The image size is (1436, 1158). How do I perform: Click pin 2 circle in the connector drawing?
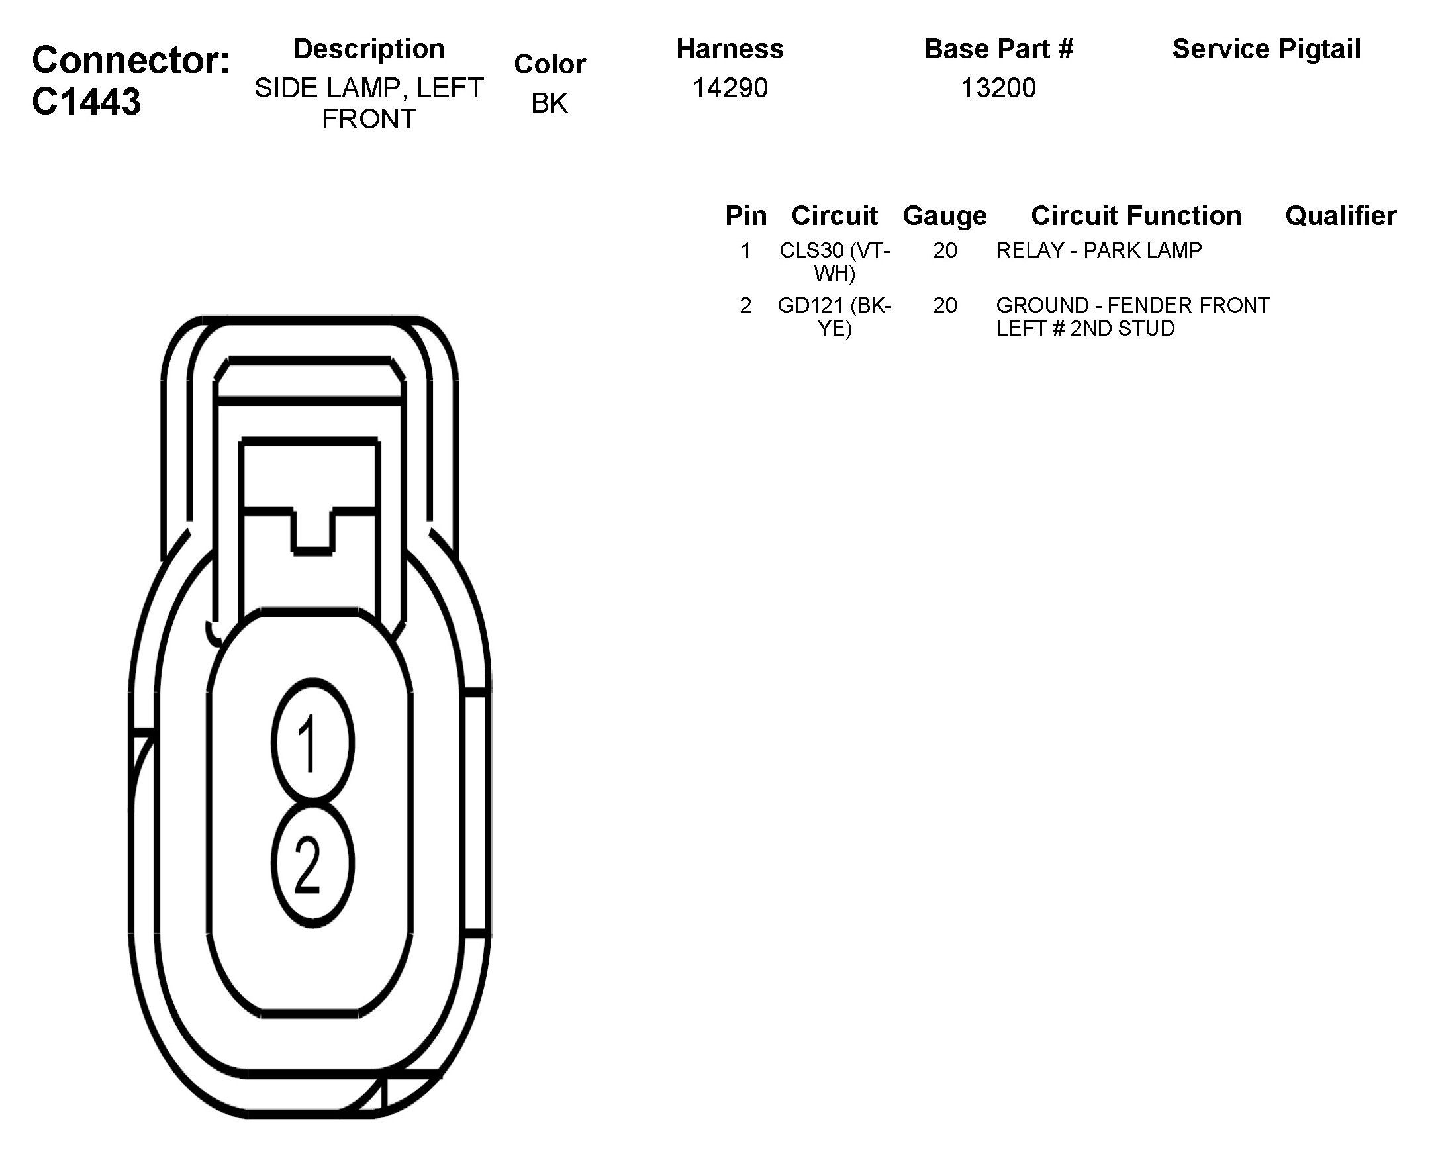[312, 864]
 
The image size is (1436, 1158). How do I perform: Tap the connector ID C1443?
[87, 102]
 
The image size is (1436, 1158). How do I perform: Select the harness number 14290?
[730, 88]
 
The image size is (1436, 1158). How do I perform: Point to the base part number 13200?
[998, 88]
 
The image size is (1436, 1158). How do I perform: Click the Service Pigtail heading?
[1266, 50]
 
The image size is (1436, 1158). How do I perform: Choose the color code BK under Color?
[550, 103]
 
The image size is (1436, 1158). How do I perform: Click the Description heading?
[369, 50]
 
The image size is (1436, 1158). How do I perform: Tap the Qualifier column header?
[1341, 216]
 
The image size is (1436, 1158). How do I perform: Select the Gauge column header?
[945, 216]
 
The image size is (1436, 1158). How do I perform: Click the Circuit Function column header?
[1136, 216]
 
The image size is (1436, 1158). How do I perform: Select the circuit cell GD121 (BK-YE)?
[834, 317]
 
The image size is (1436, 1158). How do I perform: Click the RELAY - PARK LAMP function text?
[1099, 250]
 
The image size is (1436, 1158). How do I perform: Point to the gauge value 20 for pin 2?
[945, 305]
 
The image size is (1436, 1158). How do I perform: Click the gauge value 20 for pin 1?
[945, 250]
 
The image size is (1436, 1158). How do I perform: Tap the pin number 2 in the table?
[745, 305]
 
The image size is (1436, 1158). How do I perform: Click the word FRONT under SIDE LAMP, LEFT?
[369, 119]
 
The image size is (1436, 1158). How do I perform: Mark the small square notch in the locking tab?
[312, 530]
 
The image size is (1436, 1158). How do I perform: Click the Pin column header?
[745, 216]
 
